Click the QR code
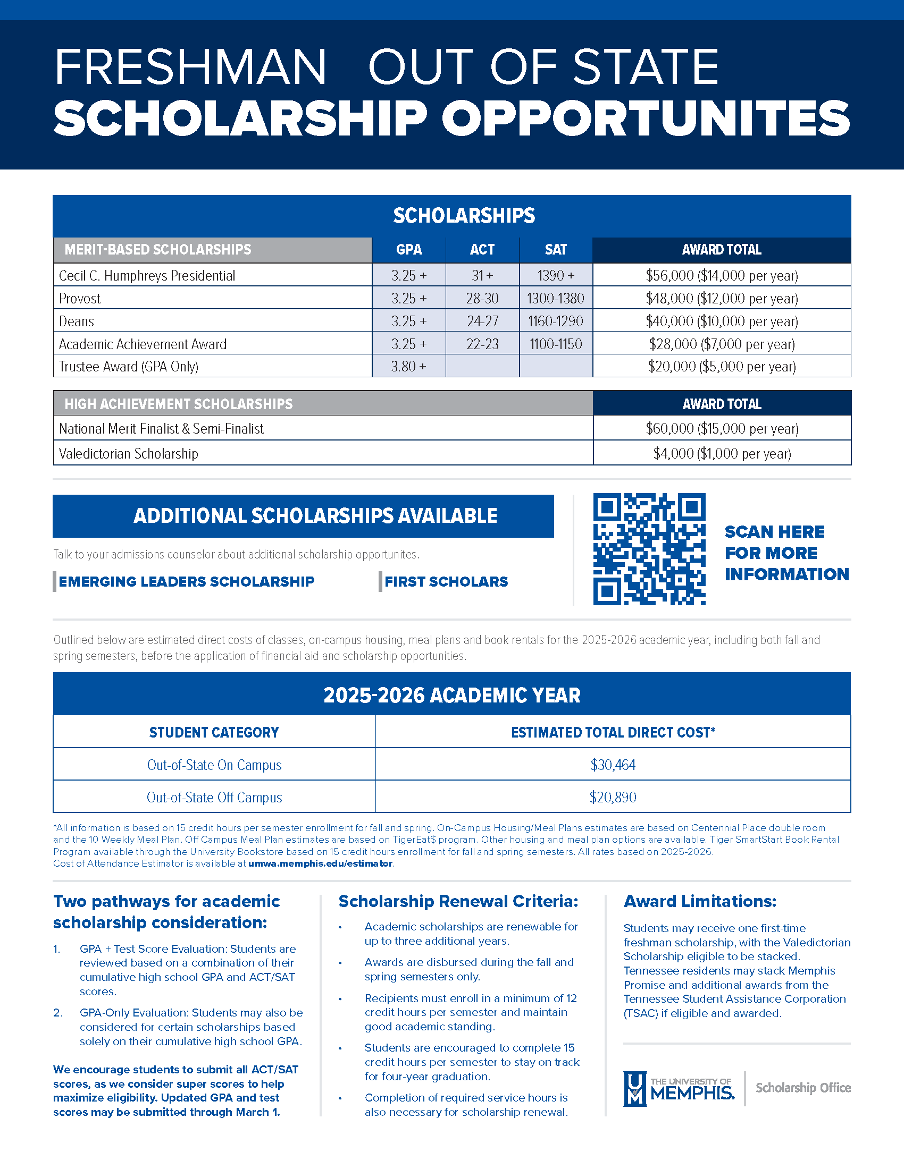tap(649, 549)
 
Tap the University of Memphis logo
tap(679, 1088)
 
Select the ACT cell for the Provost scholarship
tap(482, 298)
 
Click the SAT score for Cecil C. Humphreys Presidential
tap(555, 276)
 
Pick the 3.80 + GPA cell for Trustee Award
tap(408, 367)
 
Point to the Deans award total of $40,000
tap(722, 321)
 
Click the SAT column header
tap(555, 250)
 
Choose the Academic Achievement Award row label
tap(143, 344)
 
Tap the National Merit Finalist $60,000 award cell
tap(722, 428)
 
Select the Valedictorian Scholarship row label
tap(129, 454)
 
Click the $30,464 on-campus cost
tap(613, 765)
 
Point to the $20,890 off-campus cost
tap(613, 798)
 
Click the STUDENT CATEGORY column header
tap(214, 732)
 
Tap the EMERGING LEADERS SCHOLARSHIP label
tap(186, 582)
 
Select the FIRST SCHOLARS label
tap(446, 582)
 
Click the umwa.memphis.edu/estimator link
tap(320, 863)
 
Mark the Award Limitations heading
tap(699, 901)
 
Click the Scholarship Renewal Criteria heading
tap(458, 901)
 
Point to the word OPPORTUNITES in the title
tap(646, 118)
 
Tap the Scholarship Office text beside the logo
tap(803, 1088)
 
